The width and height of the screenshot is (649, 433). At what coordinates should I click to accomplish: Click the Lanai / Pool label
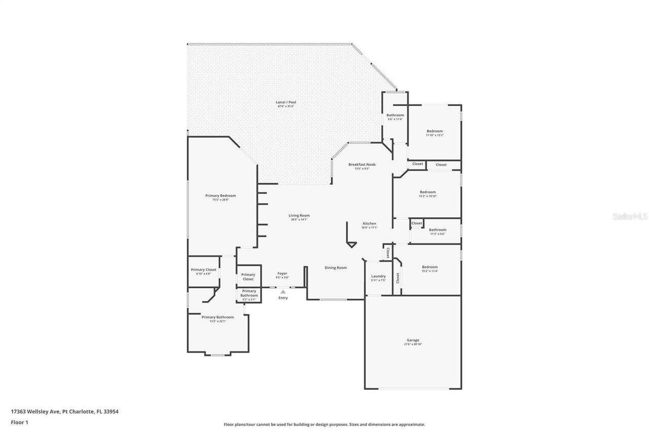(x=286, y=103)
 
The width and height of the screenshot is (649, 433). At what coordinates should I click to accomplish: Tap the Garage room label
(x=413, y=341)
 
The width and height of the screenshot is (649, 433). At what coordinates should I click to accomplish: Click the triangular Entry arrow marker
(x=283, y=291)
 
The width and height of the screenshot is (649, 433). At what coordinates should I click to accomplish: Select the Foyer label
(x=282, y=274)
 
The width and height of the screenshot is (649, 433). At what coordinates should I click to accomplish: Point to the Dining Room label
(x=336, y=268)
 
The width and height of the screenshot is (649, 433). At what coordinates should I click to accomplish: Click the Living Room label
(x=299, y=216)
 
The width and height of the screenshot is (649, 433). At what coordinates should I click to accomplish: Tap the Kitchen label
(x=369, y=224)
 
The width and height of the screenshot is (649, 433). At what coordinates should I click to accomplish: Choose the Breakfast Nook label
(x=361, y=165)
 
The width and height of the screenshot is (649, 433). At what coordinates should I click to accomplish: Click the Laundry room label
(x=378, y=277)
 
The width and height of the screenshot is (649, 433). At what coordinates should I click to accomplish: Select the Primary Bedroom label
(x=221, y=196)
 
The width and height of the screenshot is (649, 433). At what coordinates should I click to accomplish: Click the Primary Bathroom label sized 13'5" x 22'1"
(x=218, y=317)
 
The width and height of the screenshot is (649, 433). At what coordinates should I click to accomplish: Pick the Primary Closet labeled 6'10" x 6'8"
(x=203, y=270)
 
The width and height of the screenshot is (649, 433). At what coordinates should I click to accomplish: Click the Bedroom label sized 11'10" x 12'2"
(x=435, y=131)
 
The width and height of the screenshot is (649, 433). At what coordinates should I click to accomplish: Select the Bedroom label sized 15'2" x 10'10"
(x=427, y=192)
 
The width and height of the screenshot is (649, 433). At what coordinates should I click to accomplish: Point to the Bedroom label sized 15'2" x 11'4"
(x=429, y=268)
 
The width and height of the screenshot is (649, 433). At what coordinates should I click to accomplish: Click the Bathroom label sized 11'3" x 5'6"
(x=438, y=230)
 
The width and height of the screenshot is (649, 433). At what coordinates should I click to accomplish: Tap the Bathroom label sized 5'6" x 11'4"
(x=395, y=116)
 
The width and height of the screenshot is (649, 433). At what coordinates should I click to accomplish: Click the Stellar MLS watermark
(x=630, y=216)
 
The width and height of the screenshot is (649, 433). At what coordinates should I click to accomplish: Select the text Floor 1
(x=19, y=422)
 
